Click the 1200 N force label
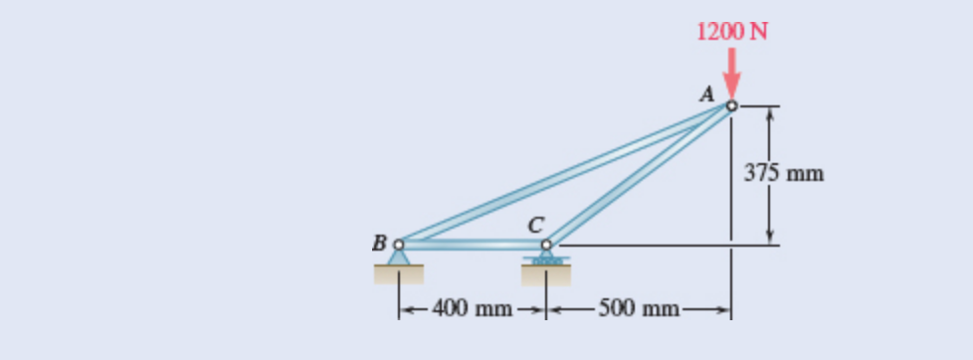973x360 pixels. (x=732, y=31)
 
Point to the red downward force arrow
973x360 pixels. (x=732, y=74)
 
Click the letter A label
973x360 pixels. (x=708, y=94)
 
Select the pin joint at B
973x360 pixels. (x=400, y=244)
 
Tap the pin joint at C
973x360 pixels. (x=546, y=244)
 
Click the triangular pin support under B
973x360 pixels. (x=400, y=256)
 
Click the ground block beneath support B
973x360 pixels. (x=400, y=273)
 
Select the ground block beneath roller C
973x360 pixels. (x=546, y=273)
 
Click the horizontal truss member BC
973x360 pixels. (x=473, y=244)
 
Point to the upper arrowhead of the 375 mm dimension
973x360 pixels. (x=769, y=110)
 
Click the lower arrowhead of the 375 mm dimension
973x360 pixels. (x=769, y=239)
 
